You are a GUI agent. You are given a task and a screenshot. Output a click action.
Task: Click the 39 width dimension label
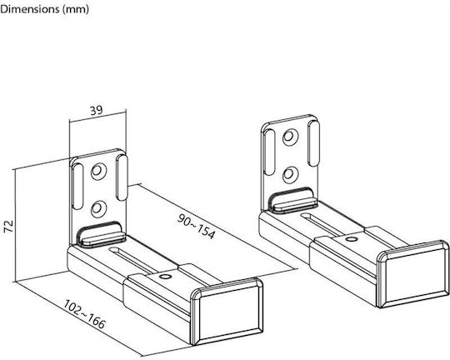coord(97,110)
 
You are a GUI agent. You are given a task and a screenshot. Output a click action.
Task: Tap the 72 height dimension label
coord(8,227)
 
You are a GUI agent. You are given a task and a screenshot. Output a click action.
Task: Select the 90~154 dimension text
coord(196,227)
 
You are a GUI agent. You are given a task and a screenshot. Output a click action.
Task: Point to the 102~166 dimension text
coord(84,314)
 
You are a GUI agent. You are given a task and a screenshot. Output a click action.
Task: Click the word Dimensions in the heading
coord(30,9)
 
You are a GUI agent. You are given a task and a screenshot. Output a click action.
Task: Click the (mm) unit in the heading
coord(76,9)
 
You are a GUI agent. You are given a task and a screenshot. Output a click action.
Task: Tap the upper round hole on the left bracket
coord(98,172)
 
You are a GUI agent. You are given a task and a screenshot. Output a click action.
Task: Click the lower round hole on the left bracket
coord(98,209)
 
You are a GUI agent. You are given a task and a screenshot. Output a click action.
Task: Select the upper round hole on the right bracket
coord(290,137)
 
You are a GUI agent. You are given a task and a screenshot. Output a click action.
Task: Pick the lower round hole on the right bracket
coord(290,174)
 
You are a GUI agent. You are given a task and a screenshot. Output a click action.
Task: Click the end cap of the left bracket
coord(227,311)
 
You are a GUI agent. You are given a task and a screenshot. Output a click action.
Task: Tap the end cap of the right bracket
coord(412,274)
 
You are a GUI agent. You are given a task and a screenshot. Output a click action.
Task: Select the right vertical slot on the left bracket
coord(122,177)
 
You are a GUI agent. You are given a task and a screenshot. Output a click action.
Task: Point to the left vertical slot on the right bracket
coord(269,152)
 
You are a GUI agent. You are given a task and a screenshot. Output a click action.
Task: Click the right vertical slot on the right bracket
coord(313,143)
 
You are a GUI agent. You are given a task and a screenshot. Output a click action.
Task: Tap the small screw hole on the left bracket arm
coord(165,277)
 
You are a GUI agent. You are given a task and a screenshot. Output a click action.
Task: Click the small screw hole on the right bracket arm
coord(351,239)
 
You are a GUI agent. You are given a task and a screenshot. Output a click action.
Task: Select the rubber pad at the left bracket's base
coord(102,234)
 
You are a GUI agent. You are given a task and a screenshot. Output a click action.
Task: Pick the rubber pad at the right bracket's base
coord(293,200)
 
